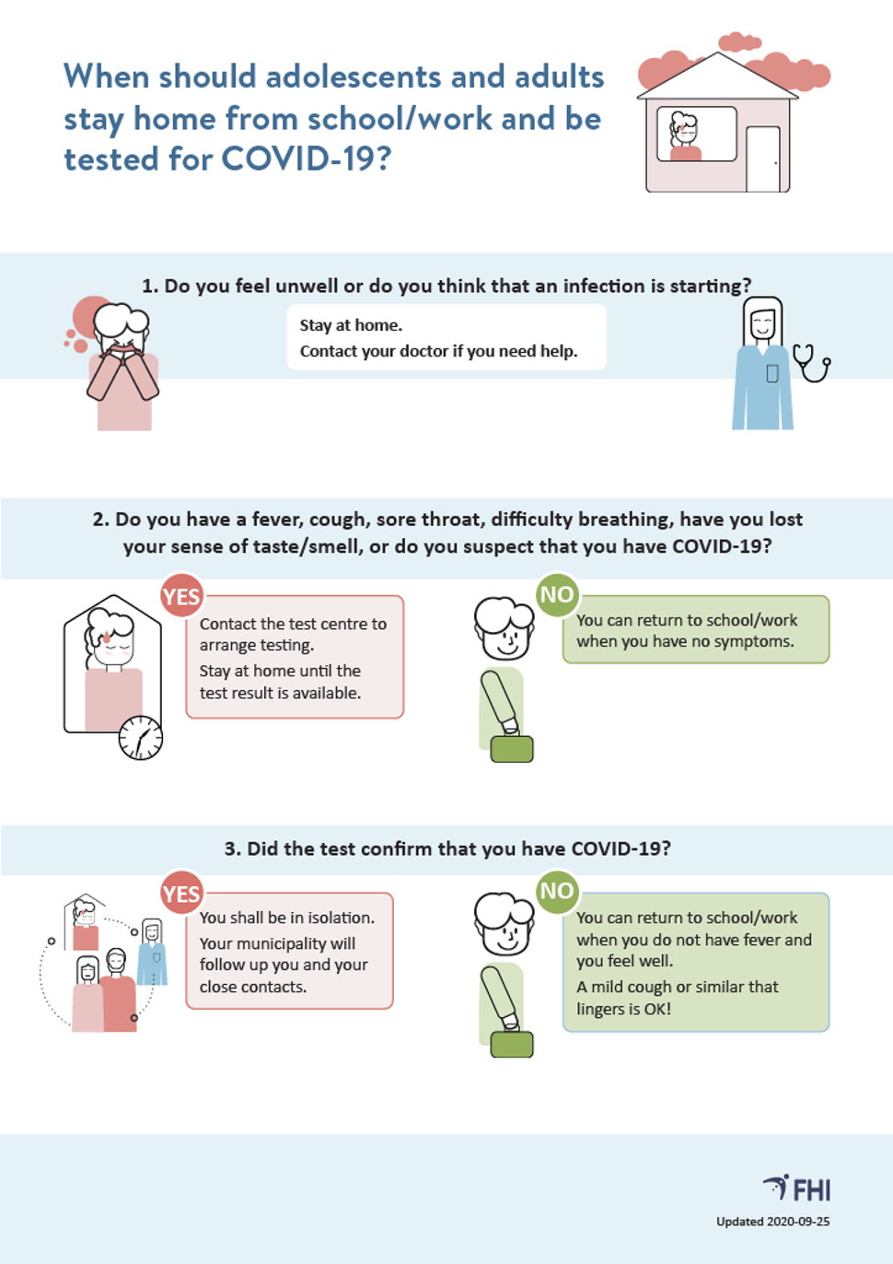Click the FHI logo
tap(796, 1188)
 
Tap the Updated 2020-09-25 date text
tap(773, 1222)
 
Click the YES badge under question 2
tap(181, 596)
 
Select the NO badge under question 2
tap(557, 595)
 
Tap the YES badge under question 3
tap(181, 894)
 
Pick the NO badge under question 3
tap(557, 892)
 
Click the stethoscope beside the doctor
tap(812, 363)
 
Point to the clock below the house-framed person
tap(140, 738)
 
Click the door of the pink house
tap(763, 159)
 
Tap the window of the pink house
tap(697, 135)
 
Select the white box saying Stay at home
tap(446, 337)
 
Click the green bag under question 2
tap(512, 749)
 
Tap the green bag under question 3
tap(512, 1045)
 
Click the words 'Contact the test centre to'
tap(293, 624)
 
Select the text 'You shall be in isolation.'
tap(287, 919)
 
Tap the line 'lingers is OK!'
tap(623, 1009)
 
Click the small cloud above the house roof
tap(739, 41)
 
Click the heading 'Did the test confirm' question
tap(447, 849)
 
